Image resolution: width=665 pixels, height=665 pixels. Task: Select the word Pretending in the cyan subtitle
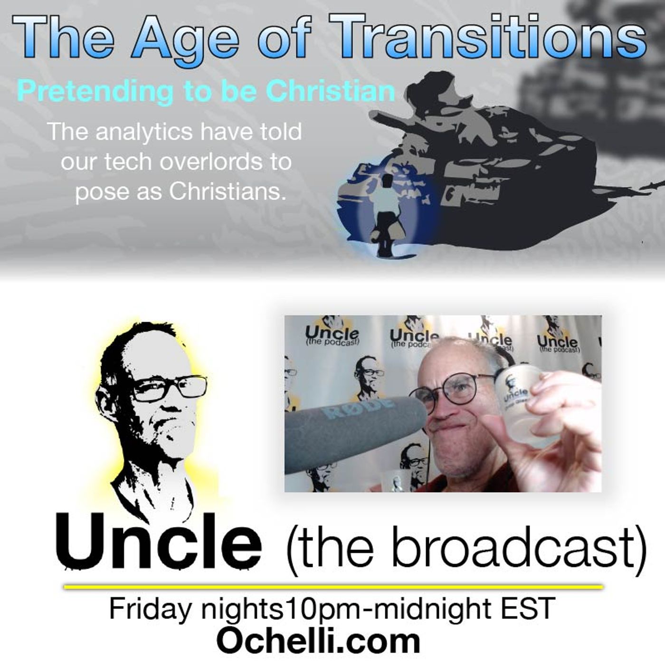click(x=95, y=91)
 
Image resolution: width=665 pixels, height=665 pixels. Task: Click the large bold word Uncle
click(x=159, y=541)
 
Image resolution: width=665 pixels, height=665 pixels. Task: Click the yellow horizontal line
click(x=332, y=588)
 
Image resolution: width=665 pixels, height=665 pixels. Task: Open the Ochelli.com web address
click(x=318, y=640)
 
